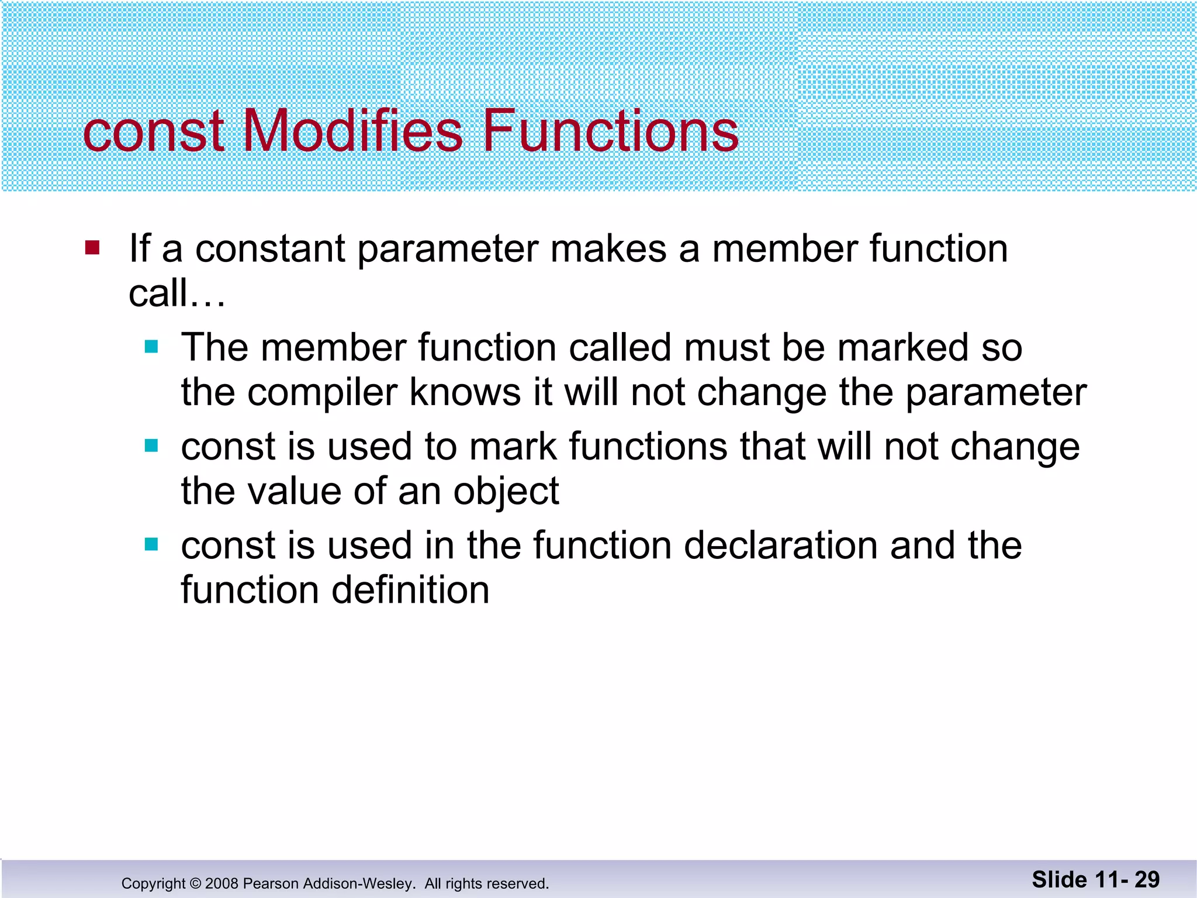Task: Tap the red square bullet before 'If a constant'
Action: pyautogui.click(x=92, y=248)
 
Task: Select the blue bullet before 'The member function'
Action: pyautogui.click(x=151, y=347)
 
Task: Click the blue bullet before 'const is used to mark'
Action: pyautogui.click(x=151, y=446)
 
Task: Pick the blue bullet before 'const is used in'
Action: pyautogui.click(x=151, y=545)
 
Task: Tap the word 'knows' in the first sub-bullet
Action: pyautogui.click(x=465, y=392)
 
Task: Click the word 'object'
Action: pyautogui.click(x=506, y=491)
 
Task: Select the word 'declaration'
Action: pyautogui.click(x=781, y=545)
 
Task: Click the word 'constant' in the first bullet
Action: pyautogui.click(x=270, y=248)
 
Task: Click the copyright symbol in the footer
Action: pyautogui.click(x=195, y=883)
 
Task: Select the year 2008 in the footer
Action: pyautogui.click(x=222, y=883)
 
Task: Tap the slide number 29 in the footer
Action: pyautogui.click(x=1147, y=879)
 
